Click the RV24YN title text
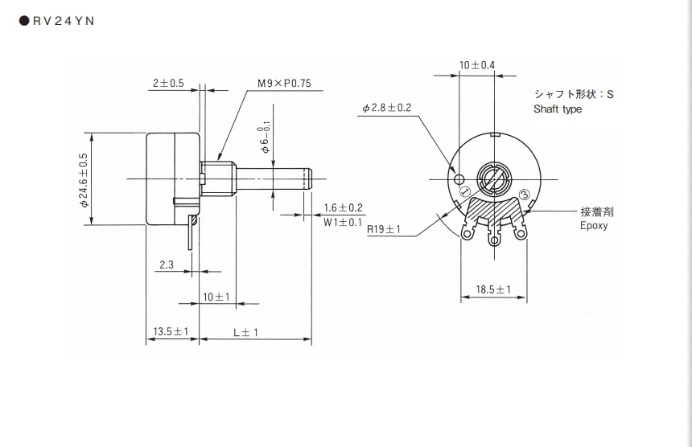pos(64,22)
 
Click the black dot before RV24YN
pos(23,22)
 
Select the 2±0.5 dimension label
pos(168,83)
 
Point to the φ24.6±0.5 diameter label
pos(84,179)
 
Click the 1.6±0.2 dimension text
pos(344,207)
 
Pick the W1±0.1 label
pos(344,221)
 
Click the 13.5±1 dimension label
pos(171,331)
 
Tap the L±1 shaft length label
pos(245,331)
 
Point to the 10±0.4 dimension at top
pos(477,64)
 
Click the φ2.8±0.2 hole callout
pos(387,108)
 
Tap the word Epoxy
pos(594,226)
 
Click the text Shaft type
pos(558,109)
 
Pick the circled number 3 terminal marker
pos(524,194)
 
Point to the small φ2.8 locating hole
pos(460,178)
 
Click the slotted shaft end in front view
pos(492,177)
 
